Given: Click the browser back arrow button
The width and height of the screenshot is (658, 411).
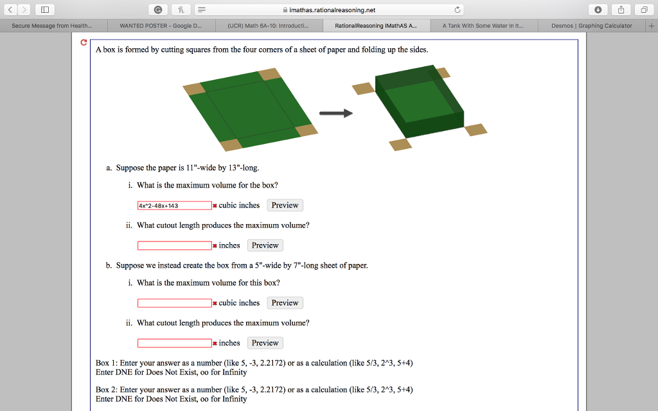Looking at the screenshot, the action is pos(10,10).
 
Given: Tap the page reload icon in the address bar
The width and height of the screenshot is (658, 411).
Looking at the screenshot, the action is pos(458,10).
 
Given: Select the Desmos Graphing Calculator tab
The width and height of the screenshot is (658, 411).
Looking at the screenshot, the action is pos(591,26).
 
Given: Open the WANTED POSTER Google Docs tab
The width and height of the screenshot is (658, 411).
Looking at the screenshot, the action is pos(161,26).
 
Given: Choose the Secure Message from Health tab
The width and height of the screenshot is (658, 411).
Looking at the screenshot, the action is pos(52,26).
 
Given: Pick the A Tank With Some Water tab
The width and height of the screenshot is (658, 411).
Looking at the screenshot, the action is pos(483,26).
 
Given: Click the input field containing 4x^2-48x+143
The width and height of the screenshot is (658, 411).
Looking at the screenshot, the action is pos(175,205).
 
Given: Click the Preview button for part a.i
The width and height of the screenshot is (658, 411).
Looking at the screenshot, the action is pos(285,205).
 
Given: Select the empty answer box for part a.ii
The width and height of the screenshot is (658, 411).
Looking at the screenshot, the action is pos(175,245).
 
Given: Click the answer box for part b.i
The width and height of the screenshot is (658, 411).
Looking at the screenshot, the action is pos(175,303).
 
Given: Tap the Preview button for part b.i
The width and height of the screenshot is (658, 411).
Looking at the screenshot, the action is pos(285,303).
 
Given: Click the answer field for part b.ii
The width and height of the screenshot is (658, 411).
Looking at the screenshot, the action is pos(175,343).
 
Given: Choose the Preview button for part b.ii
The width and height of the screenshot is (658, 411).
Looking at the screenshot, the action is pos(265,343).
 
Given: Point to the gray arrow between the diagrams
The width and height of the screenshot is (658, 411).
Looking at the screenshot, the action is pos(335,113).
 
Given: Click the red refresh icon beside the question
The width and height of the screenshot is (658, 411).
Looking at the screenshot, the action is pos(84,42).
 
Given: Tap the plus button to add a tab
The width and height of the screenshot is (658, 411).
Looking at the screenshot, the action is pos(652,26).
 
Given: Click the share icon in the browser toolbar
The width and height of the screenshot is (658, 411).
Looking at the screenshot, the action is pos(621,10).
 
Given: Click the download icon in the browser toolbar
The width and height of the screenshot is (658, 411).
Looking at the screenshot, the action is pos(598,10).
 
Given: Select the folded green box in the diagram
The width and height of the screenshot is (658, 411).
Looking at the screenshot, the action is pos(420,101).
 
